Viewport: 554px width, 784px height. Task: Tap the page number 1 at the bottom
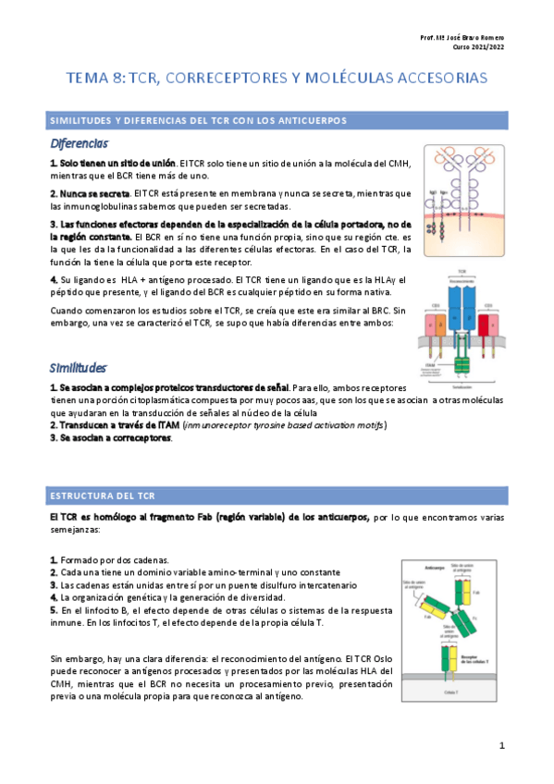coord(501,745)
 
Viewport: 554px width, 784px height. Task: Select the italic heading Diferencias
coord(80,144)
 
